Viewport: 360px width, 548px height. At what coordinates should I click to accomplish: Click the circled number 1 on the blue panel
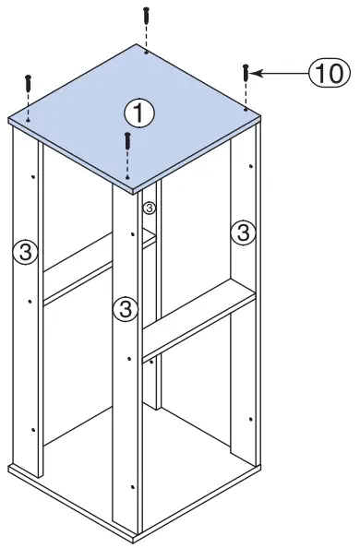(x=139, y=114)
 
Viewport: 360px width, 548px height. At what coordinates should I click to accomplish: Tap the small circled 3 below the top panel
(x=150, y=208)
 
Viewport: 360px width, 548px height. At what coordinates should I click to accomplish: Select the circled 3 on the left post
(x=26, y=252)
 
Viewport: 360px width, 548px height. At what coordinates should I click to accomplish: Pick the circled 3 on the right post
(x=242, y=232)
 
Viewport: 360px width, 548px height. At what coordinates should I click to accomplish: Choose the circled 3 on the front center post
(x=126, y=308)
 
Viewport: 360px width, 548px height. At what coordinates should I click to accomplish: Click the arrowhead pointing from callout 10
(x=258, y=73)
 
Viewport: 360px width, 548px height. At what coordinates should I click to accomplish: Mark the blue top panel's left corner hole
(x=30, y=118)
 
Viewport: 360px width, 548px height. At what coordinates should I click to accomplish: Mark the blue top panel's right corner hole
(x=246, y=110)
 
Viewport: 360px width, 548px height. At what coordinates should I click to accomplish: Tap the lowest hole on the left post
(x=33, y=430)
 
